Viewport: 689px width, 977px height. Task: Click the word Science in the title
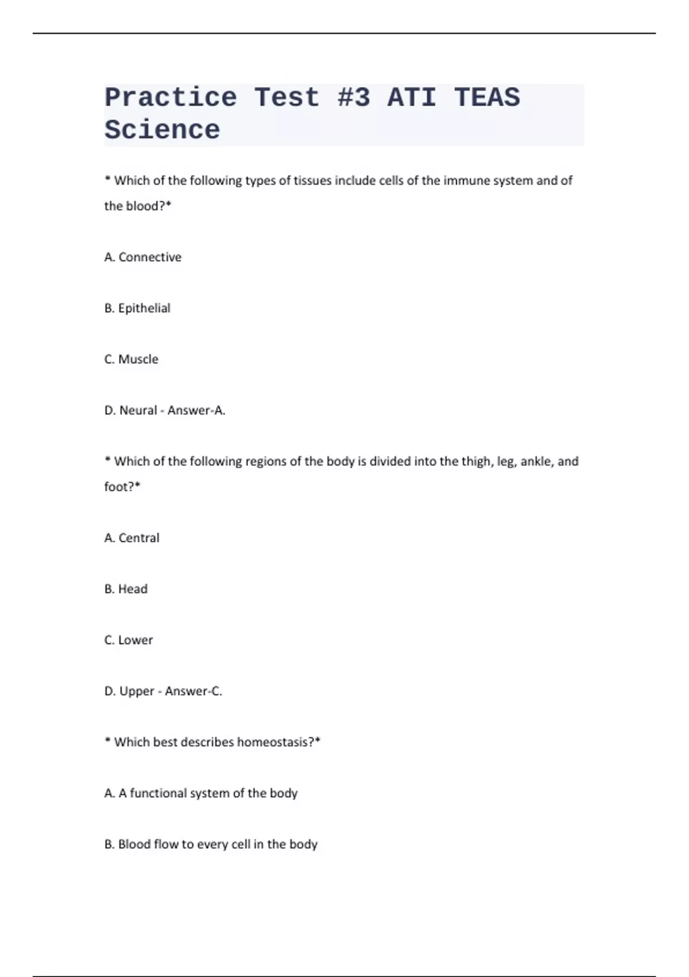[162, 130]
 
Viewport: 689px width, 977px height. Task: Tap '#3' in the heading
[354, 97]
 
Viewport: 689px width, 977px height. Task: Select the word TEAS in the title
[487, 97]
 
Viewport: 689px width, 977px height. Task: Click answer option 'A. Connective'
[143, 257]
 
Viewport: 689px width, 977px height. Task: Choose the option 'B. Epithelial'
[137, 308]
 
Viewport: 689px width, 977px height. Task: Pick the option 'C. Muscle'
[131, 359]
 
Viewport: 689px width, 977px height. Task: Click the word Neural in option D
[138, 410]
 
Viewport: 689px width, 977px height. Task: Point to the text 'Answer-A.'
[196, 410]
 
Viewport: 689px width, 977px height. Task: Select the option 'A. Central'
[132, 538]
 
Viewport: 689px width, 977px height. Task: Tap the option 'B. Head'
[126, 589]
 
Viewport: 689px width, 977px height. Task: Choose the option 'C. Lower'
[129, 640]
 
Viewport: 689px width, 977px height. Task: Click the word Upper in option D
[137, 691]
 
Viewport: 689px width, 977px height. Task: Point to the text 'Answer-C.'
[193, 691]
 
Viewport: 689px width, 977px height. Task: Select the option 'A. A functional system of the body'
[201, 793]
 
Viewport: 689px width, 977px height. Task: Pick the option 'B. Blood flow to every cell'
[211, 844]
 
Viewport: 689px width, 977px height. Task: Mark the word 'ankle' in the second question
[535, 461]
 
